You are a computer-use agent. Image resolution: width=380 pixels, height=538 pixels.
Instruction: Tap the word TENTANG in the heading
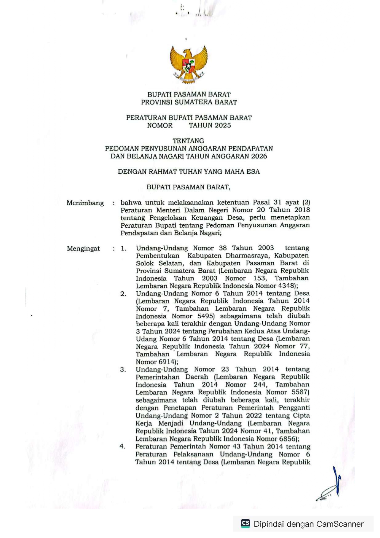(188, 141)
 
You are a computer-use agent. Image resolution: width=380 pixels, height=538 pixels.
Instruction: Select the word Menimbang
(85, 203)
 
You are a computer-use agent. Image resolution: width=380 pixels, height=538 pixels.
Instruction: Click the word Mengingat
(83, 249)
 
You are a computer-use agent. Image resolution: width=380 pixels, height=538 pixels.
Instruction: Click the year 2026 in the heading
(259, 156)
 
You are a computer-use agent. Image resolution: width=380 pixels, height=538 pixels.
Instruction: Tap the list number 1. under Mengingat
(123, 249)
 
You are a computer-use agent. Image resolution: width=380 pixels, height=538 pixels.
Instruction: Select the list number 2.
(123, 294)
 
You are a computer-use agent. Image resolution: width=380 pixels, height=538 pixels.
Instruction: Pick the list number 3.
(123, 370)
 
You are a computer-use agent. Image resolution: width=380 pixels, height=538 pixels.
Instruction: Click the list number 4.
(123, 447)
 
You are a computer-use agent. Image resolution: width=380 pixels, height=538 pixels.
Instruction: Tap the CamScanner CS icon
(245, 524)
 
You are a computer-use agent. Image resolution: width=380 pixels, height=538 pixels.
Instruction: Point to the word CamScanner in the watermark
(340, 524)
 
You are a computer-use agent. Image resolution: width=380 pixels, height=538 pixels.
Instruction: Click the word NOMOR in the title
(160, 125)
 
